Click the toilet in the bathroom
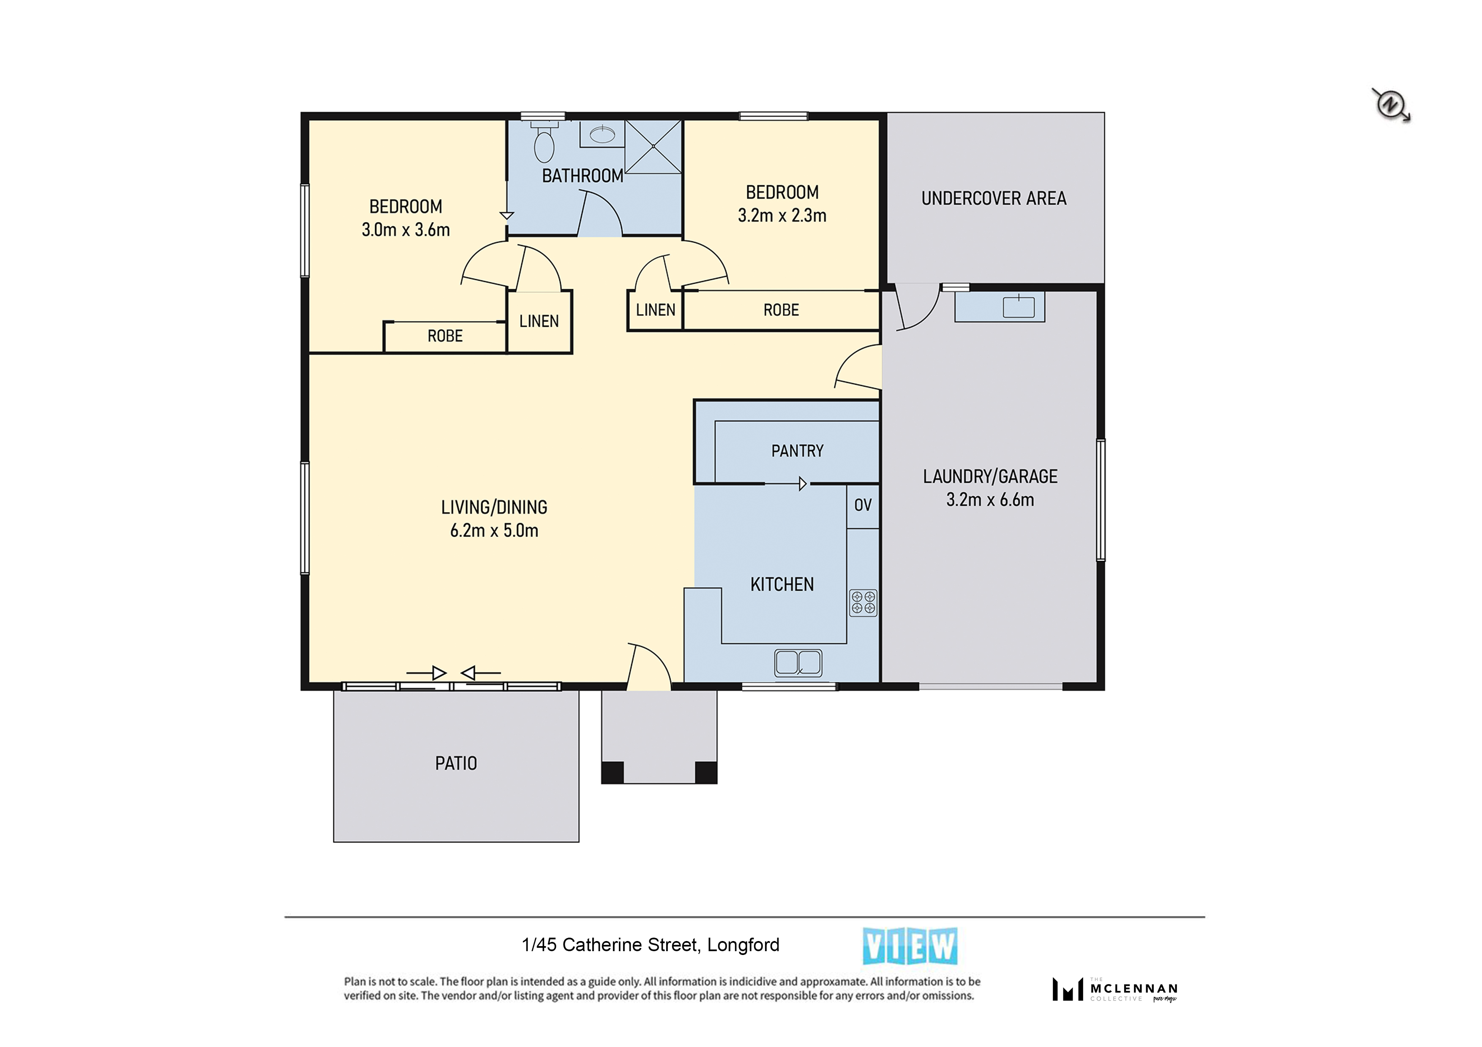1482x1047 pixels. tap(544, 143)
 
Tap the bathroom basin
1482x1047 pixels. tap(602, 135)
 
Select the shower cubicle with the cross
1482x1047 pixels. tap(653, 146)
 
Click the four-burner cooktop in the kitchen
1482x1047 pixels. tap(863, 602)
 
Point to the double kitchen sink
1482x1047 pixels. tap(798, 662)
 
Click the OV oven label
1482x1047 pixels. tap(863, 505)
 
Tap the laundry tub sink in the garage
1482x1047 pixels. tap(1018, 307)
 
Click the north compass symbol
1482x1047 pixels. tap(1391, 105)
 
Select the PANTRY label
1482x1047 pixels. tap(797, 451)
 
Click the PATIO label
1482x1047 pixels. tap(456, 764)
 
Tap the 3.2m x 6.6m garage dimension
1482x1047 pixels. tap(990, 500)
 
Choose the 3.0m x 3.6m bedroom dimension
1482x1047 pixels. tap(406, 230)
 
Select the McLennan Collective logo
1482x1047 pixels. tap(1115, 989)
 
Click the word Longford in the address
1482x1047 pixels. tap(743, 945)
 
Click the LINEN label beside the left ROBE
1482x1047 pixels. tap(539, 321)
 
